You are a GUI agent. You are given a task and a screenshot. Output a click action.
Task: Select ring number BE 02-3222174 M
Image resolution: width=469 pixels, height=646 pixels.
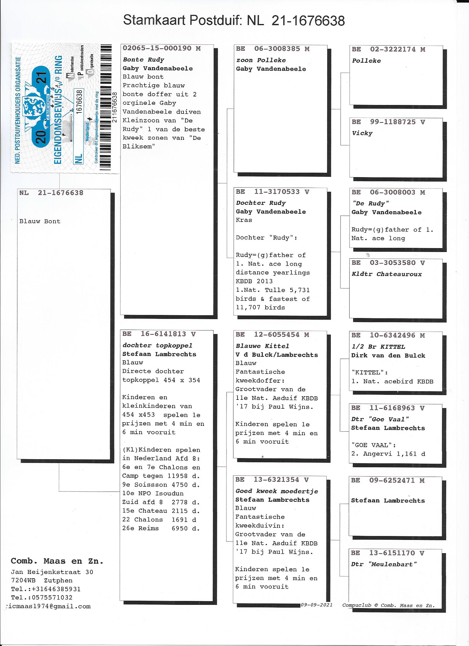pos(388,49)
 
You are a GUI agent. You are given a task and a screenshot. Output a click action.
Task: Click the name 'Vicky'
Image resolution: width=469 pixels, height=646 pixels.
pos(362,133)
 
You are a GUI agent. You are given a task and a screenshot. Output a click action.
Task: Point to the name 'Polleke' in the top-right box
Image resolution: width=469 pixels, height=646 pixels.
pos(366,61)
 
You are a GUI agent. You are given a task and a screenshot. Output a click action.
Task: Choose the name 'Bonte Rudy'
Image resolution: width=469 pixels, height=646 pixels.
pos(143,60)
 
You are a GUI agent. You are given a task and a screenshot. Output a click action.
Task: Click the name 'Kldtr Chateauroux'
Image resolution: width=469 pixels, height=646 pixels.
pos(387,274)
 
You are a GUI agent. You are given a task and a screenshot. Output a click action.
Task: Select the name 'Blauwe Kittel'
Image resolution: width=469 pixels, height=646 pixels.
pos(262,346)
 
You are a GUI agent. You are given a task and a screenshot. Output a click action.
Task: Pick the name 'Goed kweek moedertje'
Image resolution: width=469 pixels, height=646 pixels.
pos(276,491)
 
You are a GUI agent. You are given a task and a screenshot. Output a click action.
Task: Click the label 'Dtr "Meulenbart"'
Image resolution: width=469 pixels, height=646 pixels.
pos(384,564)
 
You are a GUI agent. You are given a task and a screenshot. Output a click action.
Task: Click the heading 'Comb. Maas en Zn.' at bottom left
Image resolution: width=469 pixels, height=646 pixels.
pos(57,561)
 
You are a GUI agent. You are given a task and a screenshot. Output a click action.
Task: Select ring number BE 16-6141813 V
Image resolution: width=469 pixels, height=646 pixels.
pos(159,334)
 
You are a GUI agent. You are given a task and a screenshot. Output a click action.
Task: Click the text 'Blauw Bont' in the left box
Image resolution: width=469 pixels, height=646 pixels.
pos(40,221)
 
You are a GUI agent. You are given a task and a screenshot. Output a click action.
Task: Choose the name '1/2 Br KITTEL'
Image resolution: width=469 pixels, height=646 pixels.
pos(378,347)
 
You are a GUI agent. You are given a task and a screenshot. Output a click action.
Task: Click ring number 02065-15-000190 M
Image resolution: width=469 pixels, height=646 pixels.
pos(162,48)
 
